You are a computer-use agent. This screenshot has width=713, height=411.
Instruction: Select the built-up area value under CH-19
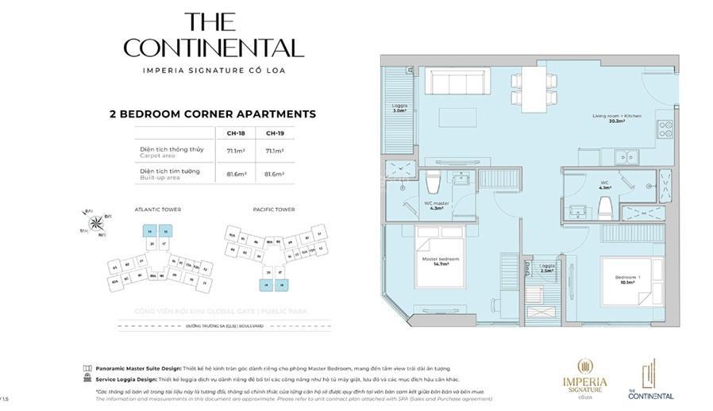(x=274, y=174)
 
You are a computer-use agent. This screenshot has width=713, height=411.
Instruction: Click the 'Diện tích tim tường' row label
(x=170, y=171)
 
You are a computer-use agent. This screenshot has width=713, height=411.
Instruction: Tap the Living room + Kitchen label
(x=616, y=119)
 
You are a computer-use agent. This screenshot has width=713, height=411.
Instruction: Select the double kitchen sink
(x=634, y=156)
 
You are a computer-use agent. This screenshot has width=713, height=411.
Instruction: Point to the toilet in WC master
(x=433, y=184)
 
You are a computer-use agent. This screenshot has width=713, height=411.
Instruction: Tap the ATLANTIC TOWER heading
(x=158, y=209)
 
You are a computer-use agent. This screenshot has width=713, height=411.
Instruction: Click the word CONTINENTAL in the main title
(x=214, y=48)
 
